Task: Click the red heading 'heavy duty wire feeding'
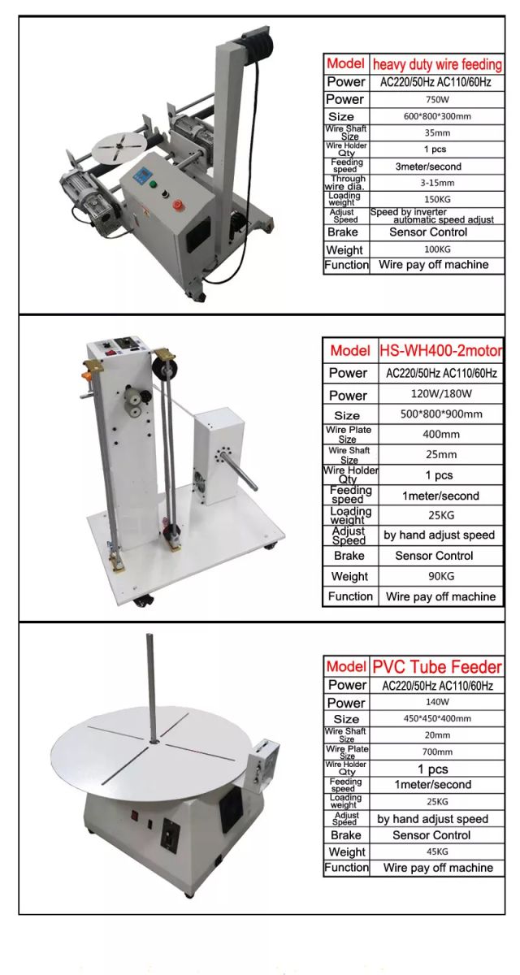pos(437,63)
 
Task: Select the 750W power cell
pos(437,99)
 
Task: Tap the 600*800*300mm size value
pos(437,116)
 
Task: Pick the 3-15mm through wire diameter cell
pos(437,183)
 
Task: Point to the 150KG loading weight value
pos(437,199)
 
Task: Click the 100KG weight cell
pos(437,249)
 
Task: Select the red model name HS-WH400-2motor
pos(440,351)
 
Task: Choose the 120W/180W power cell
pos(440,395)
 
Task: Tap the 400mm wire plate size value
pos(440,434)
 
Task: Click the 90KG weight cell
pos(440,576)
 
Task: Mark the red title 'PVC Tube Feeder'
pos(437,667)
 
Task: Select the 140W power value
pos(437,702)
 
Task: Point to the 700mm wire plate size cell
pos(437,752)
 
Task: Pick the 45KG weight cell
pos(437,851)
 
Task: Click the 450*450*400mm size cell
pos(437,719)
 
